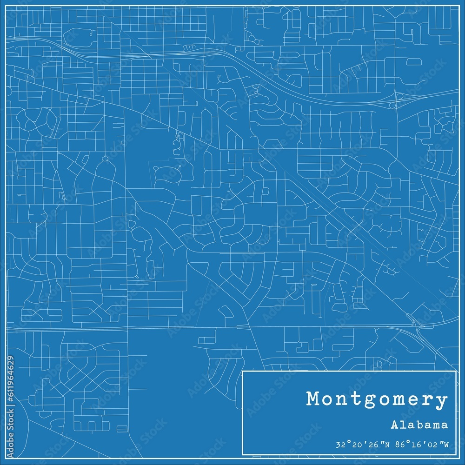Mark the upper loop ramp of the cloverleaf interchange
click(x=399, y=96)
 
